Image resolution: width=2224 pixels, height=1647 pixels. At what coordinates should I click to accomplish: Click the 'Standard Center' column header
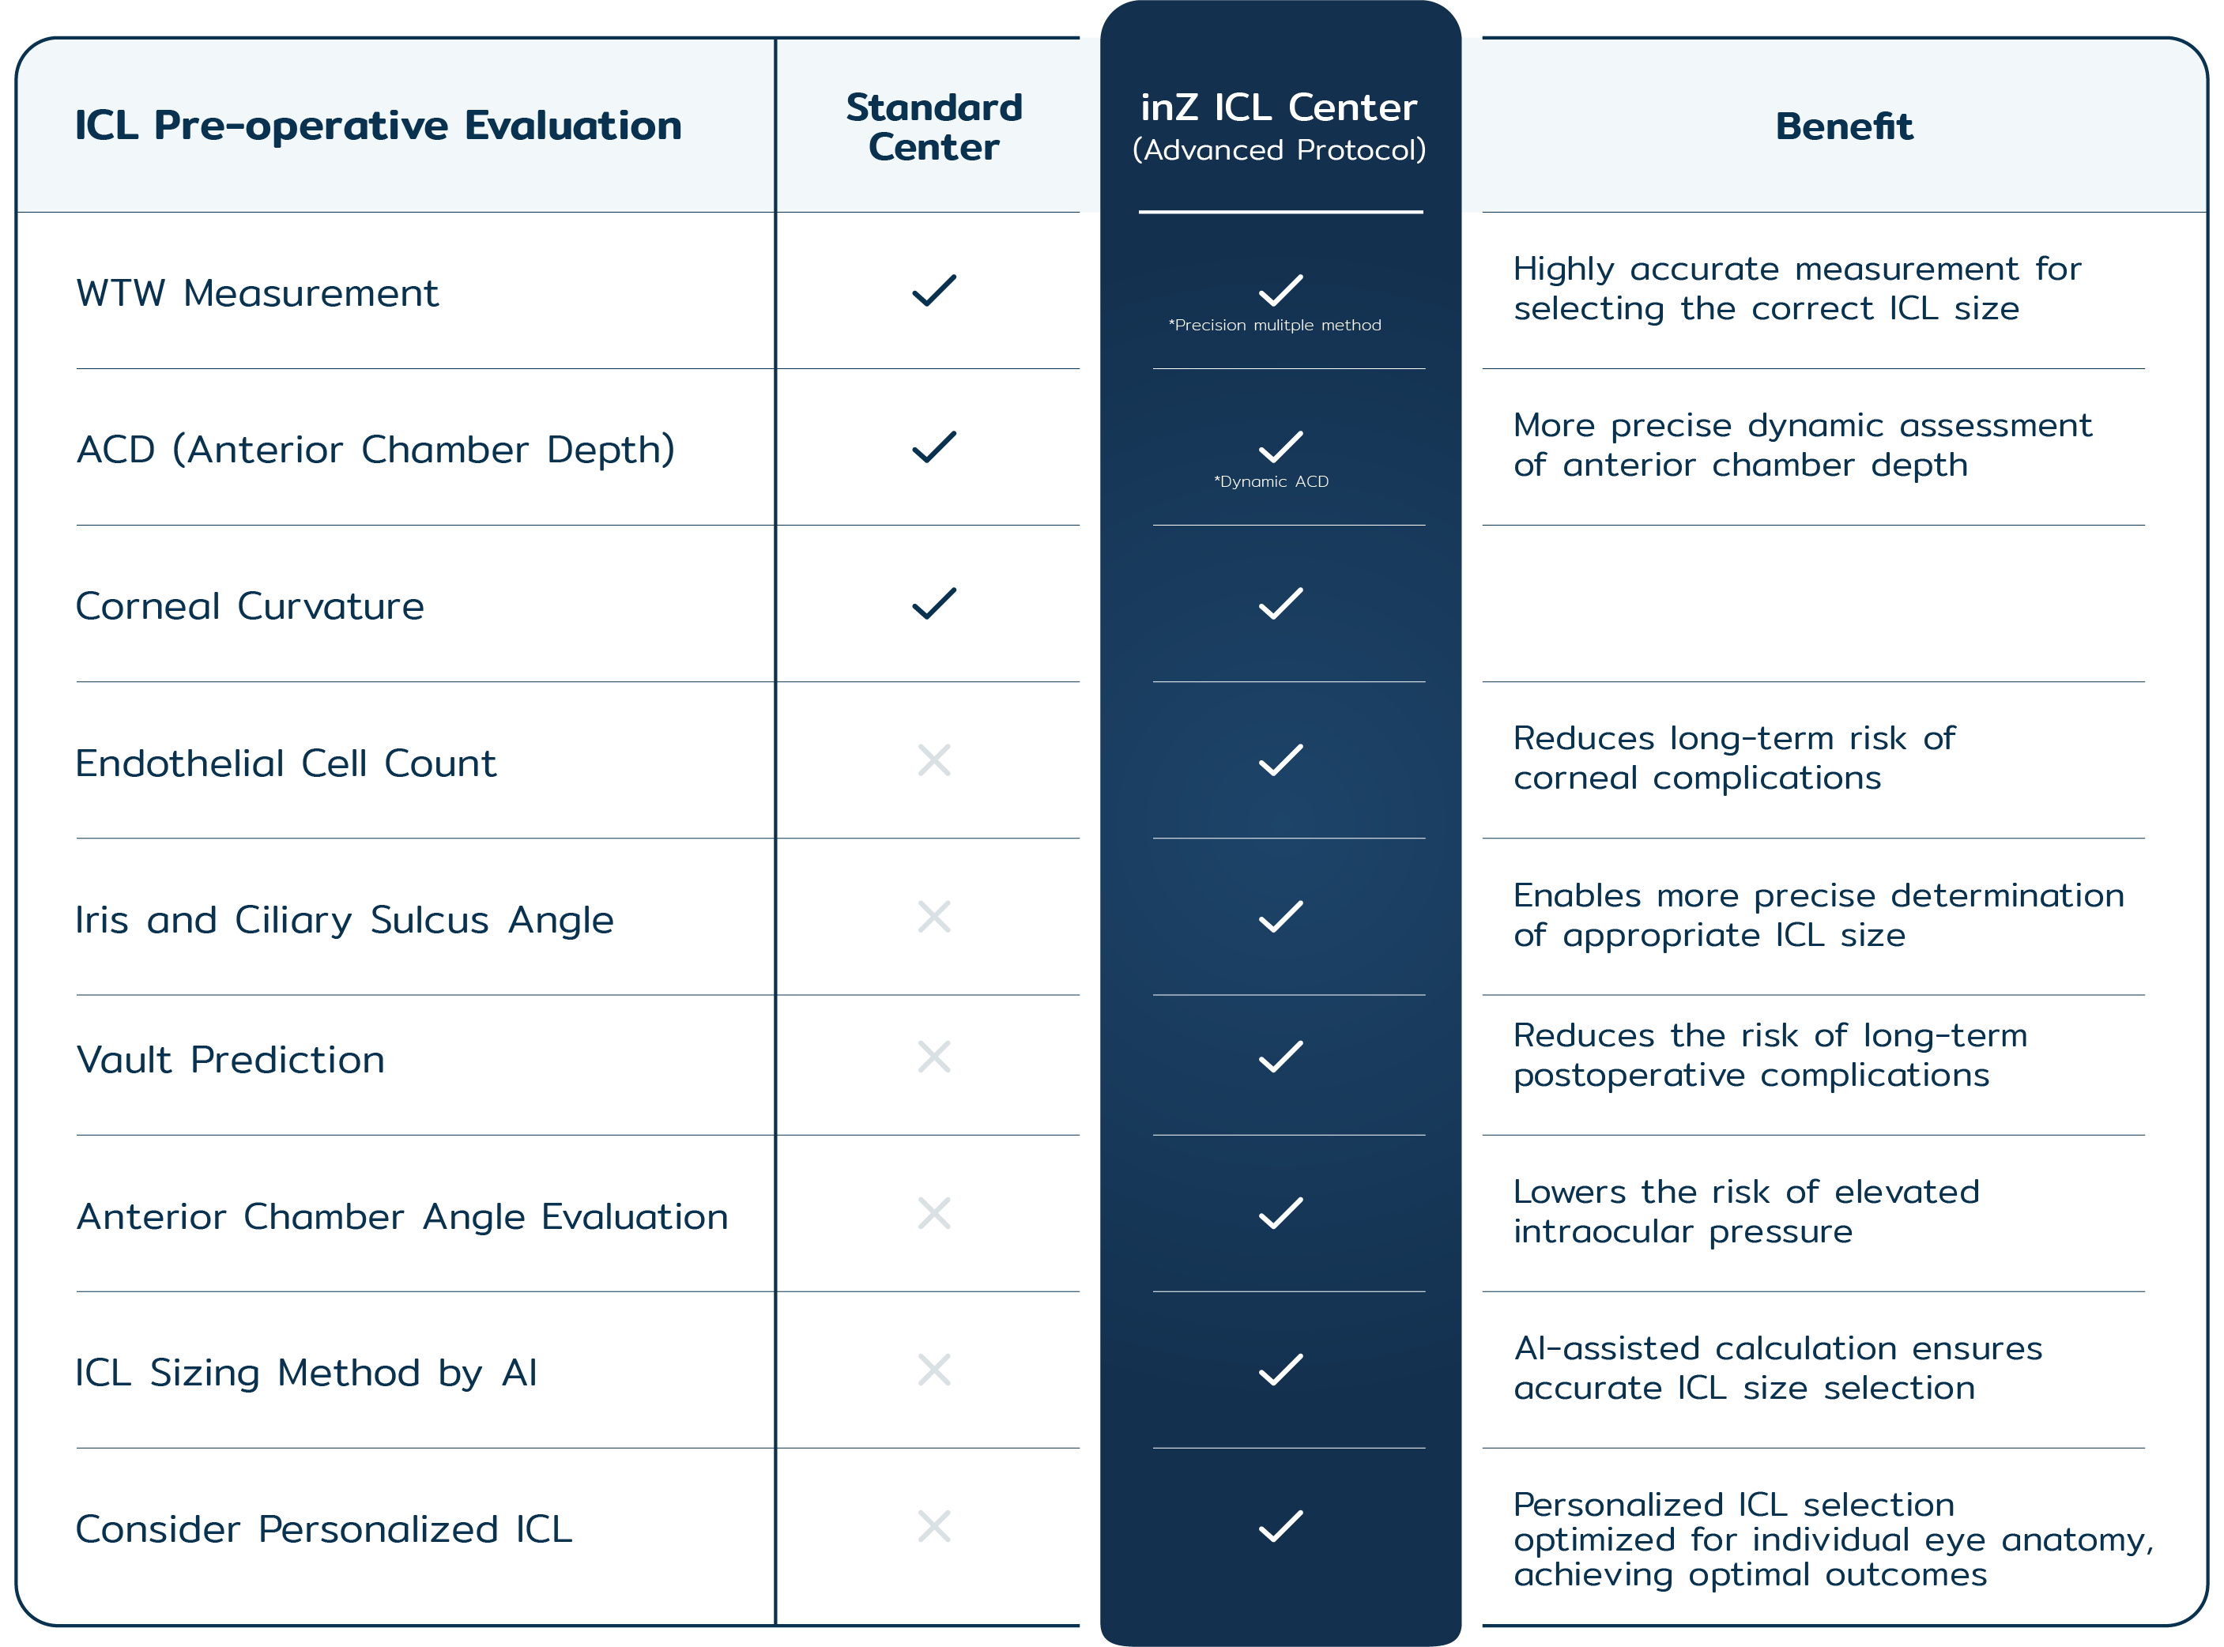click(x=934, y=126)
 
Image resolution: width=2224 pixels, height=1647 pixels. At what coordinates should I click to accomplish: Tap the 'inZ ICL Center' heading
click(x=1279, y=107)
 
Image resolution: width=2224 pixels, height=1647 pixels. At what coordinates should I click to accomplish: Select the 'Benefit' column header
click(x=1843, y=126)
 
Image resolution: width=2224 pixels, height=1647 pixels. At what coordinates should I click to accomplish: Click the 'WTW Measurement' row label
click(x=257, y=293)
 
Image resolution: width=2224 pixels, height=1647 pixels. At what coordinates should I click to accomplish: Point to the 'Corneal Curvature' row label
click(x=251, y=606)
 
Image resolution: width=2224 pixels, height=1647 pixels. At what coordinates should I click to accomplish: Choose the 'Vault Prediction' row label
click(x=230, y=1060)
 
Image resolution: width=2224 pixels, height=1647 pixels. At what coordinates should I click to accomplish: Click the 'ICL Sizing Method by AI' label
click(x=306, y=1373)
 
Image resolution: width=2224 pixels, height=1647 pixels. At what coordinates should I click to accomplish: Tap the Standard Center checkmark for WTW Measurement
click(x=934, y=290)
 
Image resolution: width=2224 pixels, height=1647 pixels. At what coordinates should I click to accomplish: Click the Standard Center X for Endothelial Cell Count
click(x=934, y=761)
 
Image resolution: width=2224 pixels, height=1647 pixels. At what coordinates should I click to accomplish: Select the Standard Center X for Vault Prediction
click(x=934, y=1057)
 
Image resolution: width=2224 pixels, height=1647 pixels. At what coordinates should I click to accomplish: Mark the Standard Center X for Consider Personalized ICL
click(x=934, y=1526)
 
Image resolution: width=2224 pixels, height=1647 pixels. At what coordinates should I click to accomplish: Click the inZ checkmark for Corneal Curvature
click(x=1280, y=603)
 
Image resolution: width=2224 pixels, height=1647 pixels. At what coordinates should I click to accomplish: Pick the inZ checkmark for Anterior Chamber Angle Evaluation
click(x=1280, y=1213)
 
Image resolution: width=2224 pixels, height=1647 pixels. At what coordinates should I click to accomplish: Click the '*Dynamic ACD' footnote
click(x=1271, y=481)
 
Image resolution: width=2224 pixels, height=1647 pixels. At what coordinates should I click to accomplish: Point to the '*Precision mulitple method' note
click(x=1275, y=325)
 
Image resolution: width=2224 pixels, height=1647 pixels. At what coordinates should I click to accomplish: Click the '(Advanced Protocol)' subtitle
click(x=1279, y=150)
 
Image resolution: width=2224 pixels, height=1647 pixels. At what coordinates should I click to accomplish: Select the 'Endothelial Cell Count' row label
click(x=285, y=763)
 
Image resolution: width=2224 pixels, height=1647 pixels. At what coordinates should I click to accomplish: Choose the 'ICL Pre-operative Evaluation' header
click(x=378, y=126)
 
